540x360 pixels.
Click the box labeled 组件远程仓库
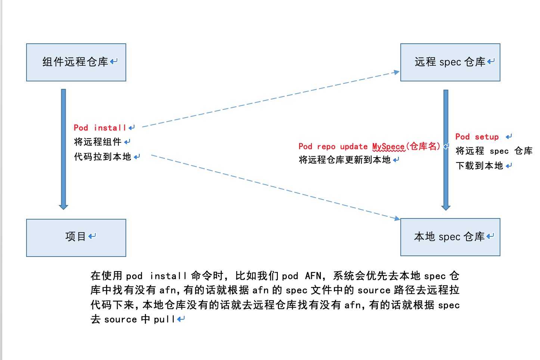point(76,62)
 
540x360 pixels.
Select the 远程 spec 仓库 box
point(450,62)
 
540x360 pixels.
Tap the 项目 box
point(76,238)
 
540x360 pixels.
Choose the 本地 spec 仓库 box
point(450,237)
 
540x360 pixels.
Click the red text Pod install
point(100,128)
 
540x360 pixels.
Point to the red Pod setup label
point(477,137)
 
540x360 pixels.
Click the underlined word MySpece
point(388,146)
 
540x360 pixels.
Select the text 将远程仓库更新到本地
point(344,159)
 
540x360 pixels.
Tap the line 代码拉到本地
point(102,157)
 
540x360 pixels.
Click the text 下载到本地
point(479,166)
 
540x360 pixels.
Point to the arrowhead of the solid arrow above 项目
point(63,207)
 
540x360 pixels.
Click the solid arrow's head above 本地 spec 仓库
point(446,208)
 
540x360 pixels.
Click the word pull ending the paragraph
point(164,319)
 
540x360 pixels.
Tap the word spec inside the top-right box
point(450,62)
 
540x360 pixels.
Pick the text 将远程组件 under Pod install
point(97,142)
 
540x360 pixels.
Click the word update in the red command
point(354,147)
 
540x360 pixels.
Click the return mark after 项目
point(92,236)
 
